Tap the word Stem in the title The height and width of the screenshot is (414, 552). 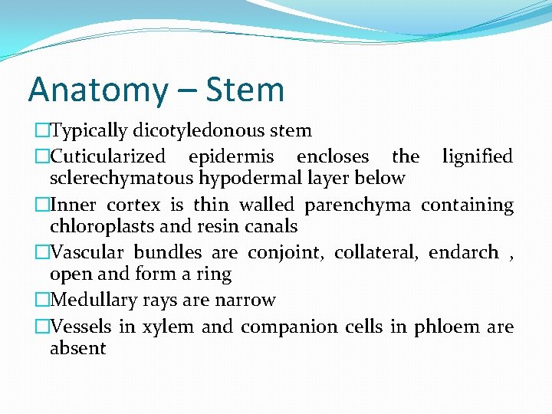pyautogui.click(x=246, y=89)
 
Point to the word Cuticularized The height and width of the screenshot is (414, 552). pyautogui.click(x=107, y=156)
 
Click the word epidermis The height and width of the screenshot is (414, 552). pyautogui.click(x=231, y=156)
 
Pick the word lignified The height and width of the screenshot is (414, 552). pyautogui.click(x=477, y=156)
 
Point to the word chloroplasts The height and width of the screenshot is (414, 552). pyautogui.click(x=99, y=226)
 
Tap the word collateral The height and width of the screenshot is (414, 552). pyautogui.click(x=380, y=252)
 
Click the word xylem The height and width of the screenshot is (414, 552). pyautogui.click(x=166, y=327)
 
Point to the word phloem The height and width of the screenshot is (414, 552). pyautogui.click(x=447, y=327)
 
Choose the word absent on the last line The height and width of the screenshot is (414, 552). pyautogui.click(x=77, y=348)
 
